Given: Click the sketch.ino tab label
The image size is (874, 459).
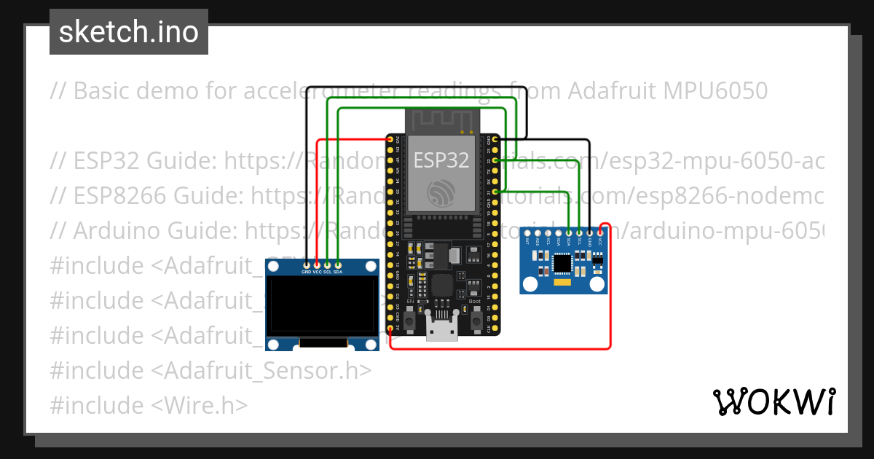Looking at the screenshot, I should coord(128,32).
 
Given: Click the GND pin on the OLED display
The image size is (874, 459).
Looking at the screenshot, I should coord(307,264).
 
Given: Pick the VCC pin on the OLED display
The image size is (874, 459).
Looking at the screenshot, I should coord(317,264).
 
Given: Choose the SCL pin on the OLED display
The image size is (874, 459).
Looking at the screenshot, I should coord(327,264).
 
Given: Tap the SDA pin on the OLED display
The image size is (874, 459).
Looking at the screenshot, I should coord(337,264).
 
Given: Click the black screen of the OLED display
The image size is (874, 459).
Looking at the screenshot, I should coord(322,304).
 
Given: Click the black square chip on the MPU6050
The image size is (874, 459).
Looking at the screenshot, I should coord(562,262).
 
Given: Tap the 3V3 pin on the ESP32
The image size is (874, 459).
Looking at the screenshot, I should coord(391,139).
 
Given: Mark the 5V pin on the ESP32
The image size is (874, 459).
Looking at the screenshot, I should coord(391,329).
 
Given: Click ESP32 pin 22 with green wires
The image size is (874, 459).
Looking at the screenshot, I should coord(495,160).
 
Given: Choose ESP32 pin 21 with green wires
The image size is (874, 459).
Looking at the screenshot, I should coord(495,192).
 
